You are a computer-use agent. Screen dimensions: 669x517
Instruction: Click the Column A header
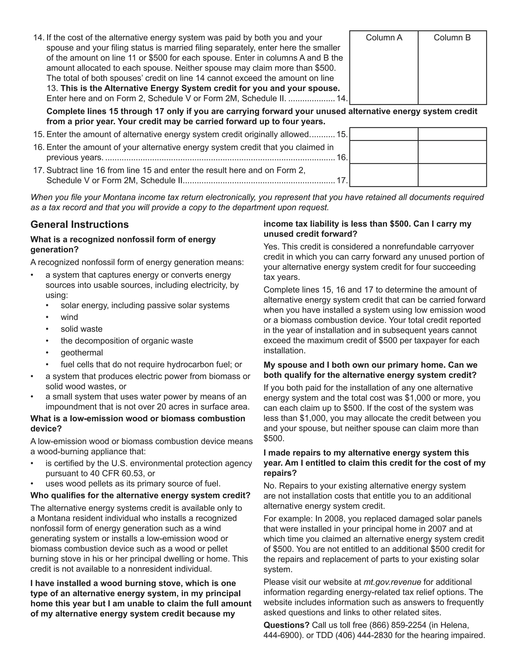pyautogui.click(x=384, y=38)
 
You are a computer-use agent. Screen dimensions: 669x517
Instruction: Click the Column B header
pyautogui.click(x=452, y=38)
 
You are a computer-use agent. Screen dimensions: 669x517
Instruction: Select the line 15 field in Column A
pyautogui.click(x=384, y=134)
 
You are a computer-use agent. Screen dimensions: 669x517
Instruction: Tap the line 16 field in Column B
pyautogui.click(x=452, y=152)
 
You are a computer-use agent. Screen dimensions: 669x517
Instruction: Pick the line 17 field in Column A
pyautogui.click(x=384, y=175)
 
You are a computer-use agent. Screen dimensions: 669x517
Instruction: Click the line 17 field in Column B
pyautogui.click(x=452, y=175)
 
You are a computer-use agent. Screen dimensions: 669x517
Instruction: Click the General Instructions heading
pyautogui.click(x=80, y=224)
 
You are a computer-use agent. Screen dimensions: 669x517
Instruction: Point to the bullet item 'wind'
pyautogui.click(x=69, y=317)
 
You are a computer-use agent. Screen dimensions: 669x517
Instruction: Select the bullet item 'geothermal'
pyautogui.click(x=82, y=353)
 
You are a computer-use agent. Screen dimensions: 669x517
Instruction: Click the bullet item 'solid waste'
pyautogui.click(x=82, y=329)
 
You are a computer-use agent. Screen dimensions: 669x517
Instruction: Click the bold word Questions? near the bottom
pyautogui.click(x=286, y=625)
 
